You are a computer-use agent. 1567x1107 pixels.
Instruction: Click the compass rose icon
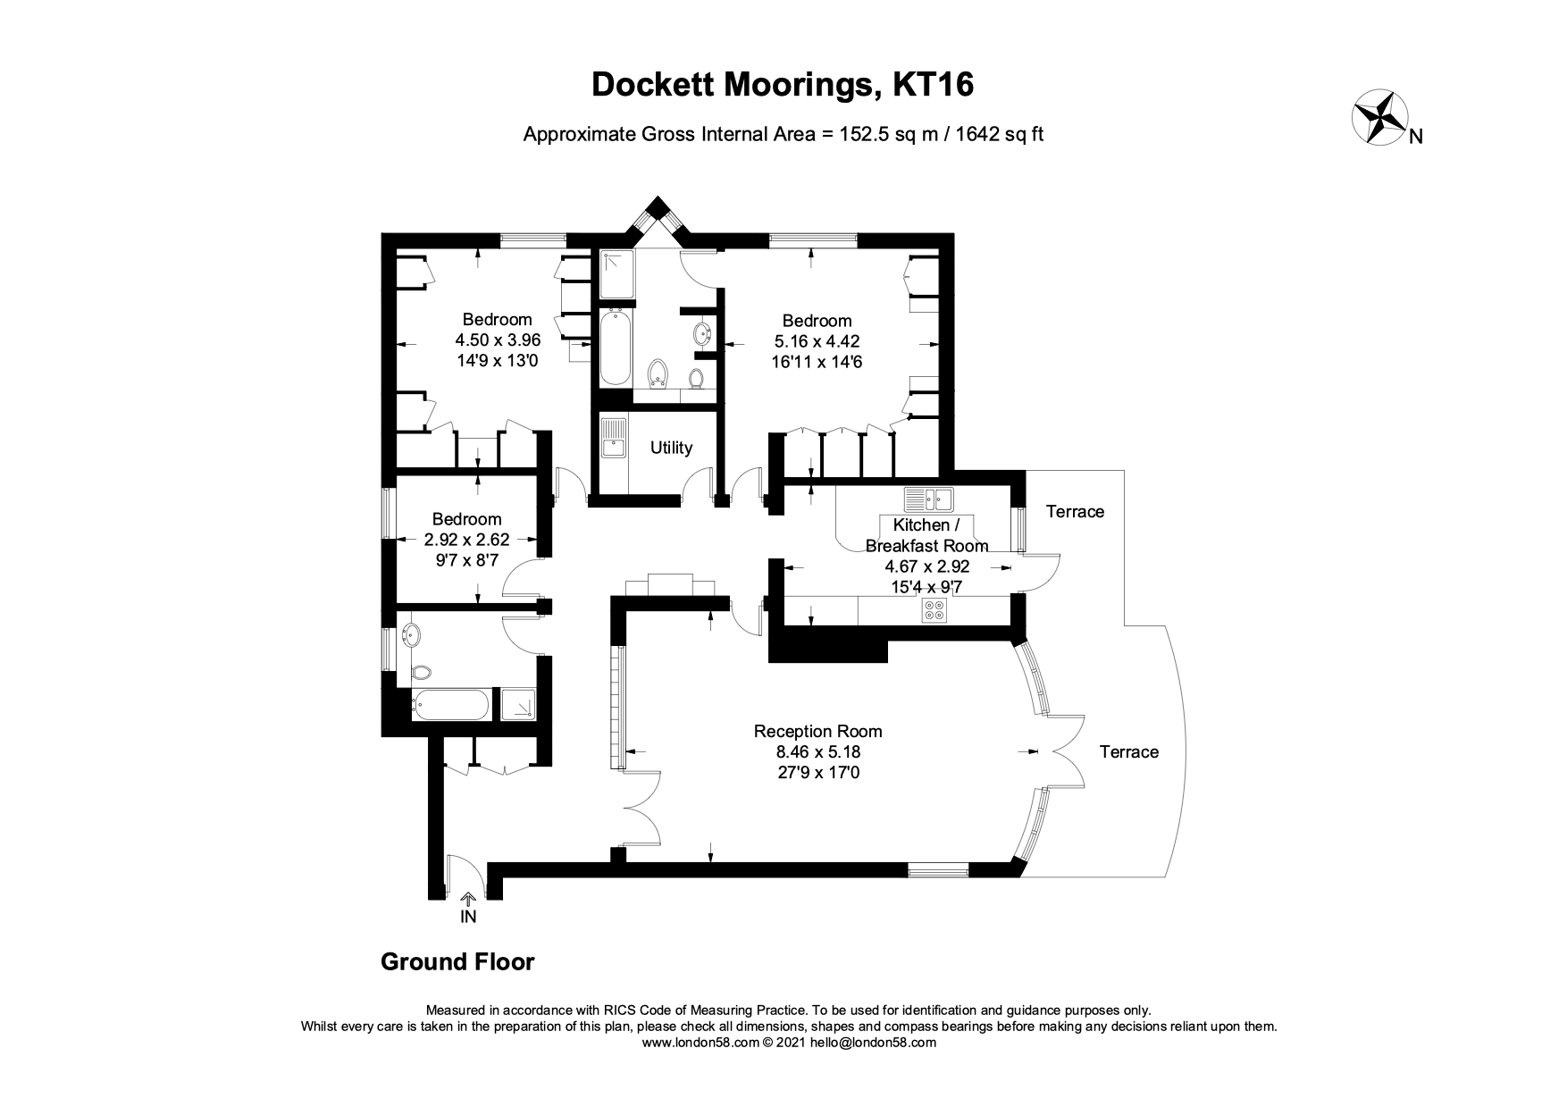point(1378,117)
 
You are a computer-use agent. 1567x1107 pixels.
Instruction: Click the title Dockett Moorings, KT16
point(783,84)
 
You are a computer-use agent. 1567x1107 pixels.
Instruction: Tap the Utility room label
point(671,448)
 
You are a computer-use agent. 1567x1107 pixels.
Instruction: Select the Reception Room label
point(817,731)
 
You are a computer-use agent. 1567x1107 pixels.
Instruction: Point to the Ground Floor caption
point(457,961)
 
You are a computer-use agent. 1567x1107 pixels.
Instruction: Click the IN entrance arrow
point(467,900)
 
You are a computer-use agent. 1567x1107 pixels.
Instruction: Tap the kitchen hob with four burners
point(934,610)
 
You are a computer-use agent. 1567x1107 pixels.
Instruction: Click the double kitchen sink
point(929,498)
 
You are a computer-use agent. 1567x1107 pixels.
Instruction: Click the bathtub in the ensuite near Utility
point(614,347)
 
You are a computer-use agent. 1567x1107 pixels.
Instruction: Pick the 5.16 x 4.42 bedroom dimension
point(817,341)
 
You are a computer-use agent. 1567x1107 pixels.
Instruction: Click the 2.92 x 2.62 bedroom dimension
point(466,540)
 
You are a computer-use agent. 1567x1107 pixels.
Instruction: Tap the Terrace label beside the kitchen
point(1075,511)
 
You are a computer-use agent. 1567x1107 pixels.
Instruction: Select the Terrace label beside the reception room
point(1128,751)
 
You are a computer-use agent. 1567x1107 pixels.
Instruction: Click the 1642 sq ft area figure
point(1000,134)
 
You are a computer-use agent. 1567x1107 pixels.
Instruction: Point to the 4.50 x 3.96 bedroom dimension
point(498,340)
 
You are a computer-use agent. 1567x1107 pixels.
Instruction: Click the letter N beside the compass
point(1415,137)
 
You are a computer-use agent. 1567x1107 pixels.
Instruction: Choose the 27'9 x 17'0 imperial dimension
point(817,773)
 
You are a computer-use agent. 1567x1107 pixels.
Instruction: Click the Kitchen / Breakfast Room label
point(926,535)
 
